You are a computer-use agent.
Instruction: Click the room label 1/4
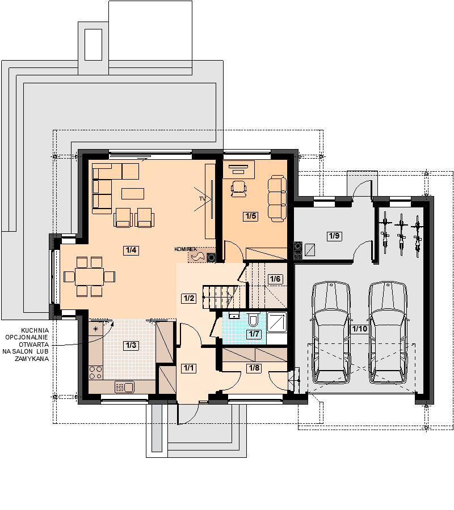pyautogui.click(x=131, y=250)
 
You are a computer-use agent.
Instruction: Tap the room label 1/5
pyautogui.click(x=251, y=216)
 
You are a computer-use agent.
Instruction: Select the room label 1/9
pyautogui.click(x=334, y=236)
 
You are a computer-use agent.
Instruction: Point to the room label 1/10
pyautogui.click(x=360, y=329)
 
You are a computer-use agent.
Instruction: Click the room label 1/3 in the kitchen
pyautogui.click(x=131, y=346)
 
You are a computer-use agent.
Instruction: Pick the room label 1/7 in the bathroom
pyautogui.click(x=254, y=334)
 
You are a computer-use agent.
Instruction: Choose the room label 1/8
pyautogui.click(x=254, y=368)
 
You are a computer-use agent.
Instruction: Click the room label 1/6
pyautogui.click(x=275, y=279)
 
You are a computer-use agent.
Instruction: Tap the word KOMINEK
pyautogui.click(x=186, y=249)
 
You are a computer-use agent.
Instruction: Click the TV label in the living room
pyautogui.click(x=203, y=198)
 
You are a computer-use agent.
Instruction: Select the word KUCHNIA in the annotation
pyautogui.click(x=35, y=330)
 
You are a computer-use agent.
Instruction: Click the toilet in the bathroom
pyautogui.click(x=253, y=320)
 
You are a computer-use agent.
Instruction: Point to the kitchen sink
pyautogui.click(x=125, y=387)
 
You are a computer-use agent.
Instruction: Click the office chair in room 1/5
pyautogui.click(x=239, y=189)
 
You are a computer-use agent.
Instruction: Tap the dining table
pyautogui.click(x=89, y=277)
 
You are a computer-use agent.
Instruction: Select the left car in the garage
pyautogui.click(x=331, y=333)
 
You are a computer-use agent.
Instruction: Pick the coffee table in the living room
pyautogui.click(x=133, y=194)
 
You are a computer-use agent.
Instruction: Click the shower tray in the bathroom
pyautogui.click(x=277, y=322)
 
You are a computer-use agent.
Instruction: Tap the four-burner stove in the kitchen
pyautogui.click(x=96, y=372)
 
